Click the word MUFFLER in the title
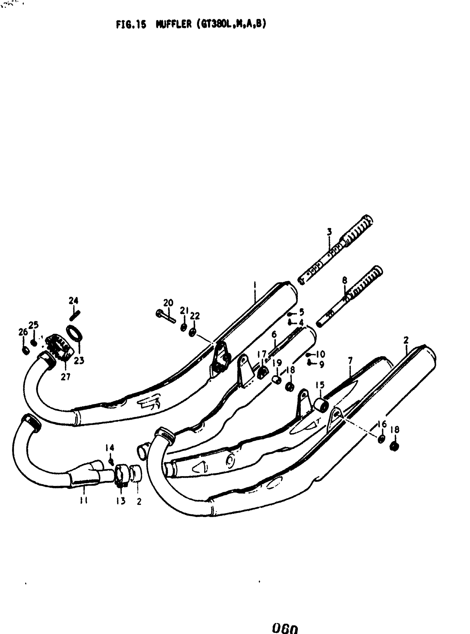click(174, 25)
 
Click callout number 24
click(74, 301)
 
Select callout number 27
click(66, 377)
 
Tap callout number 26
click(23, 332)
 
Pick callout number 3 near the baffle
click(329, 232)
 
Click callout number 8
click(344, 280)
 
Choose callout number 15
click(320, 385)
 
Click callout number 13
click(121, 501)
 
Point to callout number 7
click(350, 361)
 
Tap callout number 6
click(274, 334)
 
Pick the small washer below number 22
click(192, 332)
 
